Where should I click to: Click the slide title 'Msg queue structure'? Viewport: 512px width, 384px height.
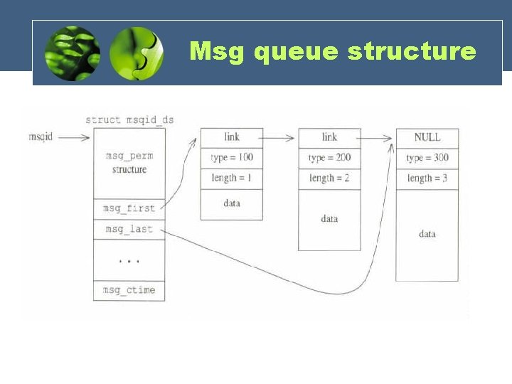coord(333,51)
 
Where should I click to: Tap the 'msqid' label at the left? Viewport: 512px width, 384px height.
coord(41,137)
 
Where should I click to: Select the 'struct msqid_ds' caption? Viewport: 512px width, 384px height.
coord(129,119)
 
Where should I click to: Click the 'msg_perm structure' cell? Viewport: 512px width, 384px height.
coord(129,163)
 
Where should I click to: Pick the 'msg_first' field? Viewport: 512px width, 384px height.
coord(129,209)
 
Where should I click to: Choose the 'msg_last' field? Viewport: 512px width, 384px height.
coord(129,229)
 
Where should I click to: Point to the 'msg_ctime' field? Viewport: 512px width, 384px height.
coord(129,290)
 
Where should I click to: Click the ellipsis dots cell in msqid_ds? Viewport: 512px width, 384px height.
coord(129,260)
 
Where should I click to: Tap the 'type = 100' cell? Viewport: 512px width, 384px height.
coord(231,157)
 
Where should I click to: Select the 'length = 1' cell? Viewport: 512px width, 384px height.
coord(231,178)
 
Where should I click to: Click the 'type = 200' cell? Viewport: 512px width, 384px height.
coord(329,157)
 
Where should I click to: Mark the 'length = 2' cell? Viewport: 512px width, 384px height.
coord(329,178)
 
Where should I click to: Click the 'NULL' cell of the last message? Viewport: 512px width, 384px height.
coord(427,137)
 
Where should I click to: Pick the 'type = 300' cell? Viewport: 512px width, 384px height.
coord(427,158)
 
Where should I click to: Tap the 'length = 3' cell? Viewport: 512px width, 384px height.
coord(427,178)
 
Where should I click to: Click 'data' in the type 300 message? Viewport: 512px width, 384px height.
coord(427,234)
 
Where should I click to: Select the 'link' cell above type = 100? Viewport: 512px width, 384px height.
coord(231,137)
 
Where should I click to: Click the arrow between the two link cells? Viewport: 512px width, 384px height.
coord(280,137)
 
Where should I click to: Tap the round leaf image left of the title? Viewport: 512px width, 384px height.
coord(72,54)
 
